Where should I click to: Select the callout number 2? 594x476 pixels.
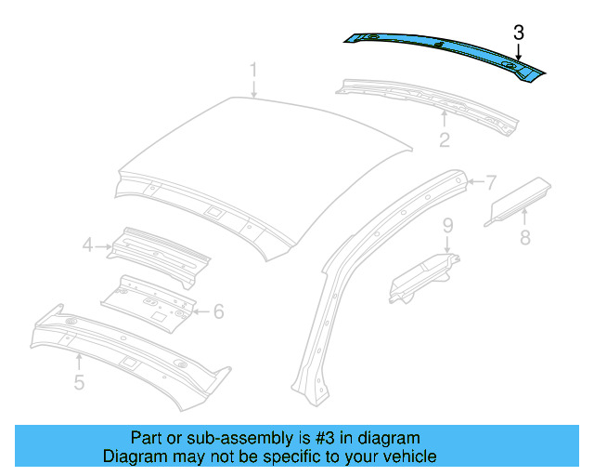click(x=445, y=140)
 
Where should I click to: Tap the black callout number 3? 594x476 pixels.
click(x=519, y=33)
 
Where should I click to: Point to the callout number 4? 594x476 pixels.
click(x=88, y=245)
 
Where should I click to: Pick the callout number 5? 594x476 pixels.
click(x=80, y=381)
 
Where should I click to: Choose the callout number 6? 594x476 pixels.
click(x=218, y=311)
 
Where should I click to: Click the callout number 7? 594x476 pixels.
click(x=491, y=181)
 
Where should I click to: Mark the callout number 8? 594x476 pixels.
click(x=525, y=238)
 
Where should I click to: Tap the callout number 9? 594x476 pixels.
click(x=446, y=225)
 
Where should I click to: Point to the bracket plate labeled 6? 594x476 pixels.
click(x=148, y=299)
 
